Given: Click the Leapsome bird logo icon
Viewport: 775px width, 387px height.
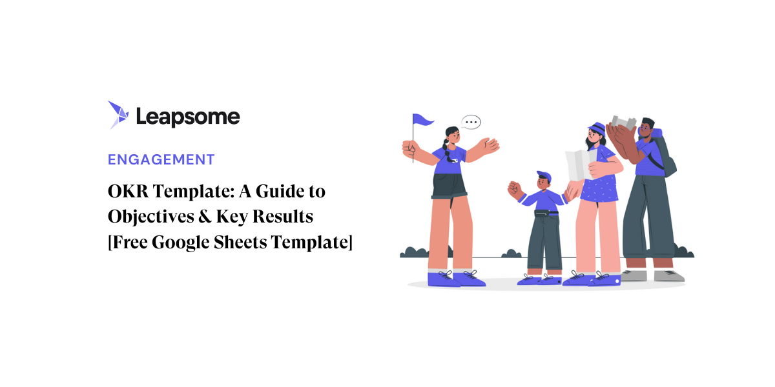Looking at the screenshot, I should point(118,115).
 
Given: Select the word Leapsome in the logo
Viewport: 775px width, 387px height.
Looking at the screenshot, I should point(188,117).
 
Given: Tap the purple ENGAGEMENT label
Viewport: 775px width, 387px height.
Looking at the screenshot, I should point(161,159).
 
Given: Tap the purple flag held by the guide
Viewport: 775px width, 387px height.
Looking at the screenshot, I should point(423,119).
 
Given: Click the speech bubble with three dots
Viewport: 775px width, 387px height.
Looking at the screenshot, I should point(471,122).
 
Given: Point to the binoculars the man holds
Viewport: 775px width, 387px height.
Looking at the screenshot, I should point(624,122).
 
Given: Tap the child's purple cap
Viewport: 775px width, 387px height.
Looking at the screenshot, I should point(544,175).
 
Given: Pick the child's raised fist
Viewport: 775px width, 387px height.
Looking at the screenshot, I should point(514,189).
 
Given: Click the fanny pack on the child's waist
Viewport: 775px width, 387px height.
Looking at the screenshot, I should point(542,212).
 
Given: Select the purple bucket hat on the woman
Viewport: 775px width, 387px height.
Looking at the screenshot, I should point(597,128).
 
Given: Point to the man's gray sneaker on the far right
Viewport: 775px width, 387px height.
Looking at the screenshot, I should point(668,275).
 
